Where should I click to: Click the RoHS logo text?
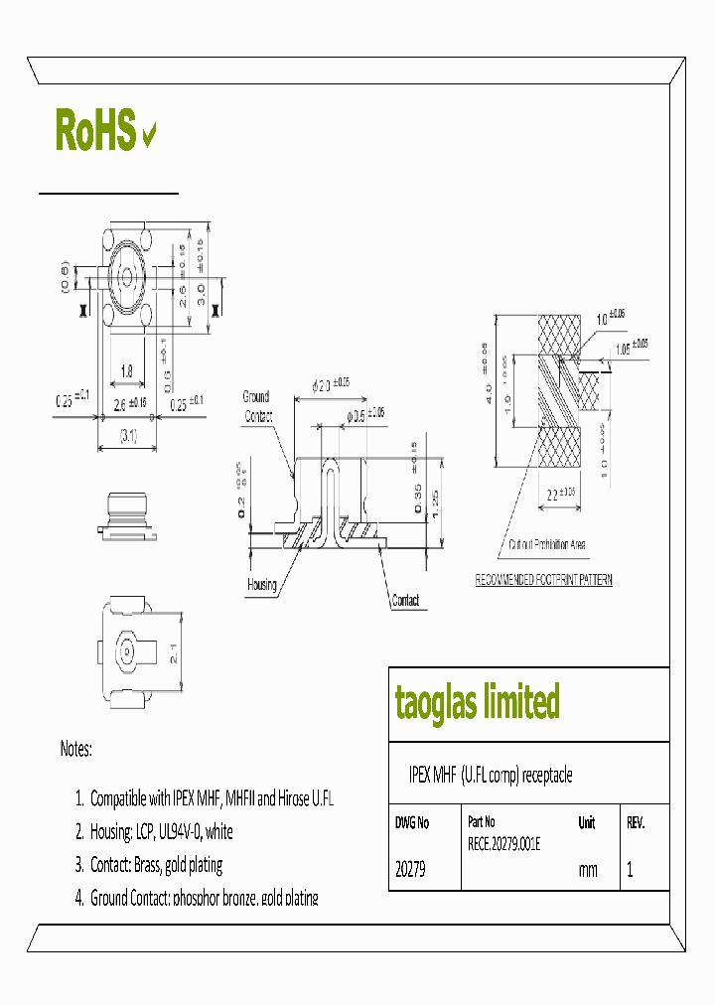coord(95,131)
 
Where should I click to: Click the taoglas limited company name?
coord(477,702)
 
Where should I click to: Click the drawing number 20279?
coord(410,870)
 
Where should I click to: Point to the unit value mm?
coord(588,870)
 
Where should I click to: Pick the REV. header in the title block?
coord(636,823)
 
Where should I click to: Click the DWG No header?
coord(412,823)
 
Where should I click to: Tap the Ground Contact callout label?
coord(258,407)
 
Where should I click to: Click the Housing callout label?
coord(261,585)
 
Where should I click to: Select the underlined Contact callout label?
coord(405,601)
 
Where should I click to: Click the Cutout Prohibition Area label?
coord(546,545)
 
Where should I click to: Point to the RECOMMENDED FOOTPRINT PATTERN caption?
coord(543,580)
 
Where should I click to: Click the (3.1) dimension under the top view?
coord(127,434)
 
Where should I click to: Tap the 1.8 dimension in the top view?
coord(127,372)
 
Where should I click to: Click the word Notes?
coord(75,750)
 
